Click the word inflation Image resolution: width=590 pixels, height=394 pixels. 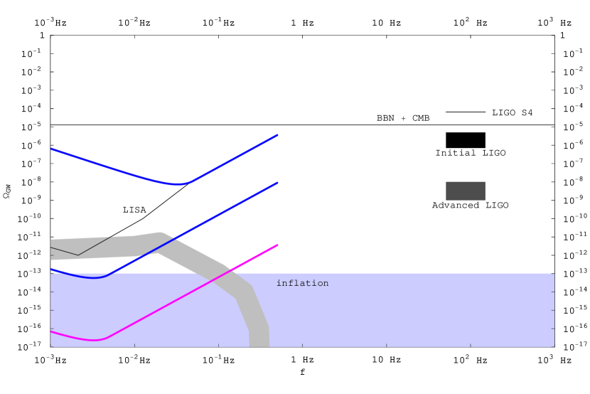pyautogui.click(x=302, y=283)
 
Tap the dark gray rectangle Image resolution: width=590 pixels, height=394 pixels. pyautogui.click(x=466, y=191)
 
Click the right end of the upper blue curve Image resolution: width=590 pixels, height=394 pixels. pyautogui.click(x=277, y=134)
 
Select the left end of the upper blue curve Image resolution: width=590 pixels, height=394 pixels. pyautogui.click(x=51, y=149)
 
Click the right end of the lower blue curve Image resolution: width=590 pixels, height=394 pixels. pyautogui.click(x=277, y=183)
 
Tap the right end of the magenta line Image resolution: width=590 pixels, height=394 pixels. pyautogui.click(x=277, y=245)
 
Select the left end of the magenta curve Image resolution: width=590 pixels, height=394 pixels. pyautogui.click(x=51, y=331)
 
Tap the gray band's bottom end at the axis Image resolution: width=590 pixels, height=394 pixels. pyautogui.click(x=259, y=346)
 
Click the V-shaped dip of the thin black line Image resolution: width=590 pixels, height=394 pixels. pyautogui.click(x=78, y=255)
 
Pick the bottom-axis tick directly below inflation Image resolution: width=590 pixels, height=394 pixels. pyautogui.click(x=302, y=346)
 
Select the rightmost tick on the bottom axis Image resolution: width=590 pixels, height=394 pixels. pyautogui.click(x=554, y=346)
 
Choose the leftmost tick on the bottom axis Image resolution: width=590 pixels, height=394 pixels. pyautogui.click(x=51, y=346)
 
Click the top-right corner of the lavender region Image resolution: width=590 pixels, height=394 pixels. pyautogui.click(x=554, y=274)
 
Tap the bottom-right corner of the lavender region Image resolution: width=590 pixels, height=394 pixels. pyautogui.click(x=554, y=346)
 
